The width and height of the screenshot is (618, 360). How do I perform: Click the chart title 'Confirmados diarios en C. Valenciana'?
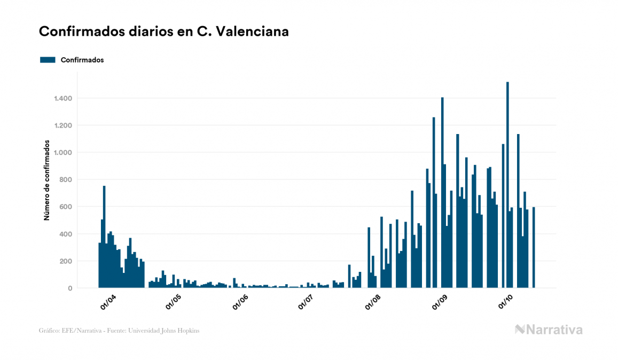pos(164,32)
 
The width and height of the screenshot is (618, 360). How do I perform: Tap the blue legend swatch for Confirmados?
pos(48,60)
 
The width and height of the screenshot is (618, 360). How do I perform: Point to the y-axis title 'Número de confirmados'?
pos(47,181)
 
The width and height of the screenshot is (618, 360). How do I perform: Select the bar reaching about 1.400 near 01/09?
pos(442,192)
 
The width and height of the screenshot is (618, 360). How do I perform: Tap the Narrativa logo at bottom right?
pos(549,330)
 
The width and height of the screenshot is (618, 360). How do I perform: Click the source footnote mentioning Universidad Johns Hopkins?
pos(119,331)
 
